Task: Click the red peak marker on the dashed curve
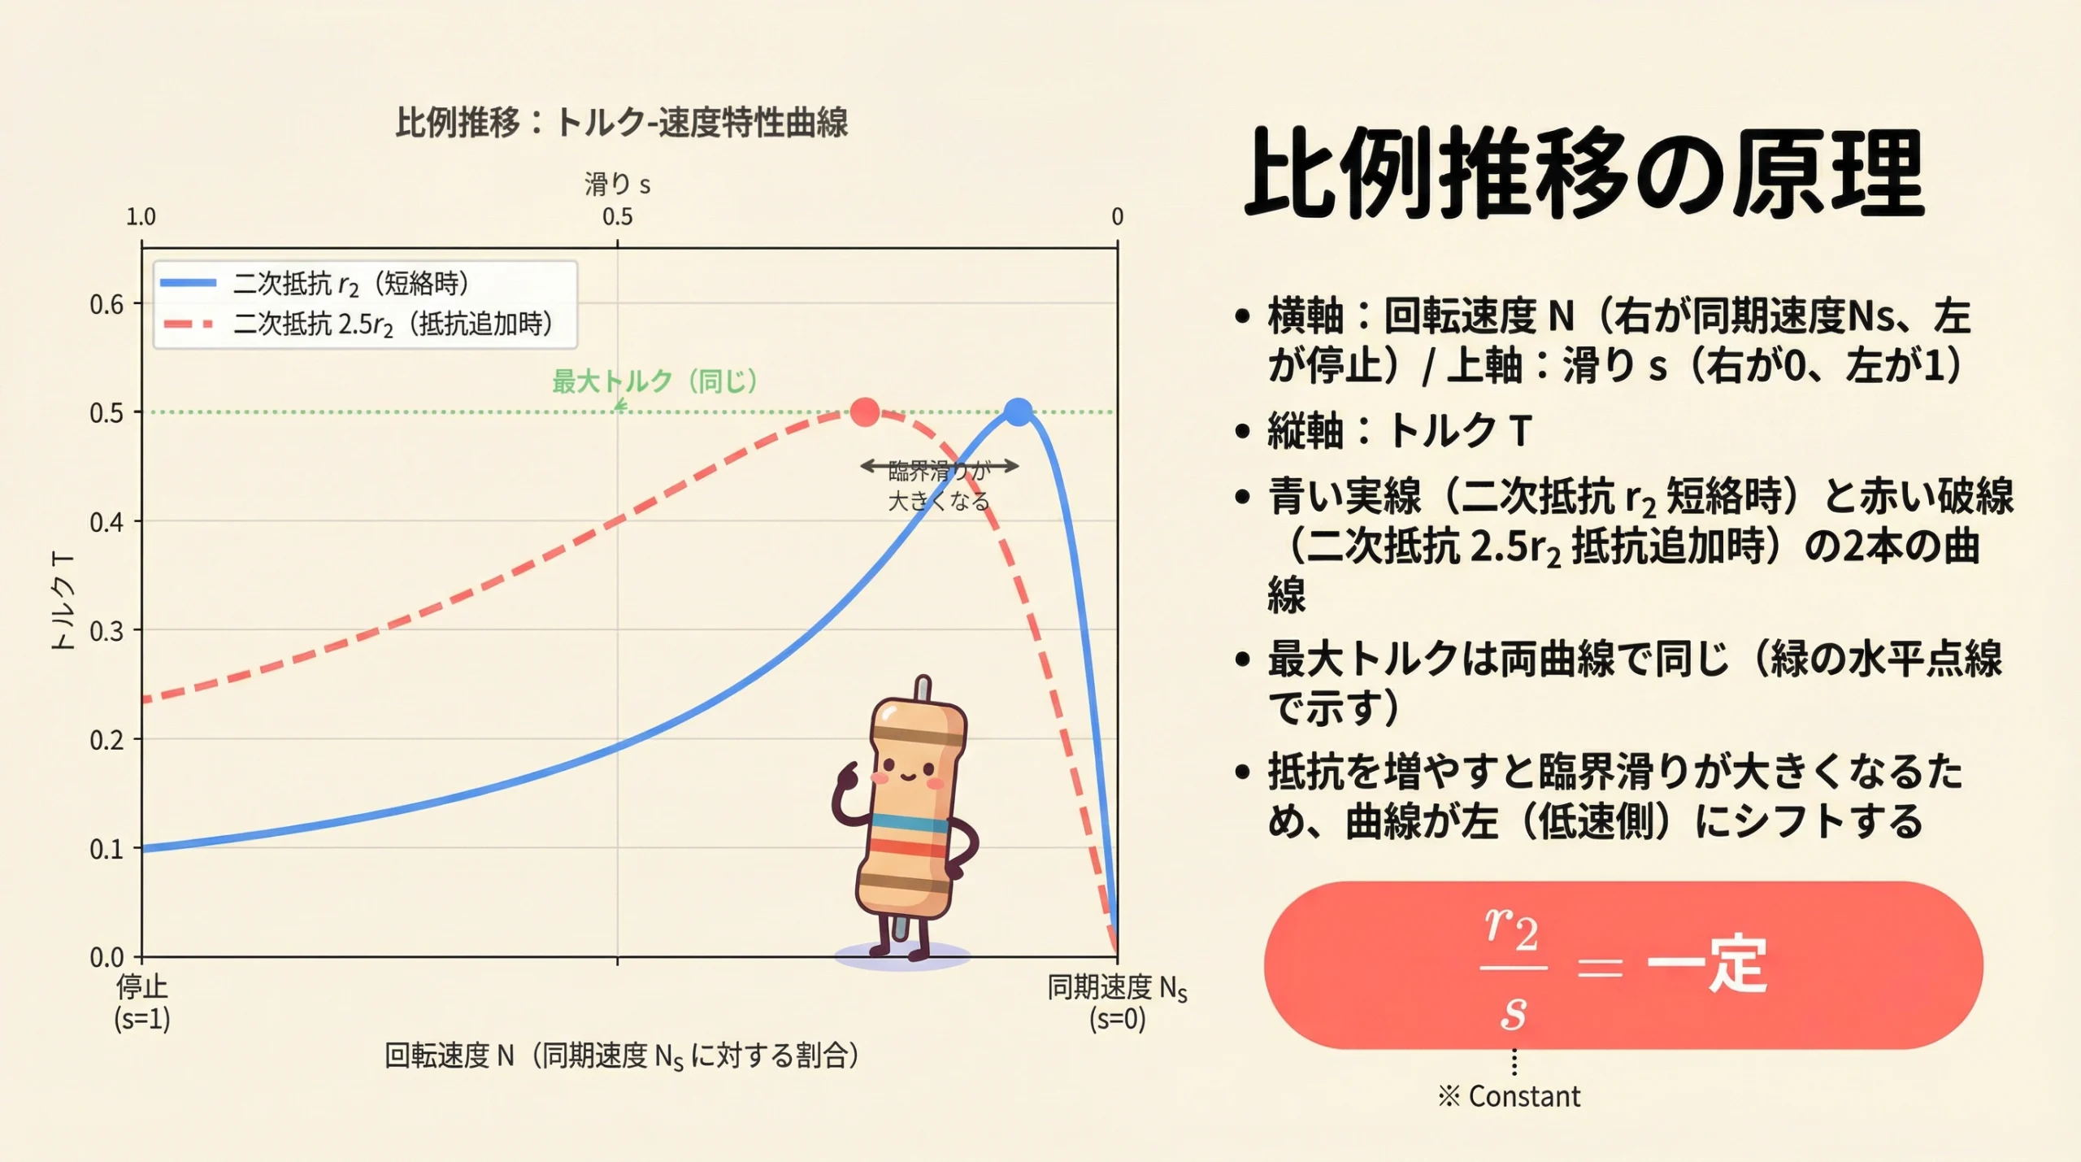point(864,412)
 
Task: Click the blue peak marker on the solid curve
point(1018,412)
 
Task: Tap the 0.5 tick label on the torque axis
point(106,413)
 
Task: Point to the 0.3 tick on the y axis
point(106,631)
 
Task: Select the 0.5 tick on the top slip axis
point(617,217)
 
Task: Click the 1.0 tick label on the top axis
point(141,217)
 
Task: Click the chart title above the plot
point(622,124)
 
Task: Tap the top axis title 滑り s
point(617,185)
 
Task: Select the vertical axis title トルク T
point(63,601)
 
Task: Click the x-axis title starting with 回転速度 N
point(622,1056)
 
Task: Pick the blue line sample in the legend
point(189,283)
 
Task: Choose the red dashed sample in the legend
point(189,324)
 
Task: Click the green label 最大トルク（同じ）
point(655,381)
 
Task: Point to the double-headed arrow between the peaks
point(940,466)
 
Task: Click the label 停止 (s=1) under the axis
point(142,1002)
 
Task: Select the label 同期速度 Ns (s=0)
point(1117,1002)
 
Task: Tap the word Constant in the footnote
point(1524,1097)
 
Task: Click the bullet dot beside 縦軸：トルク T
point(1241,431)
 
